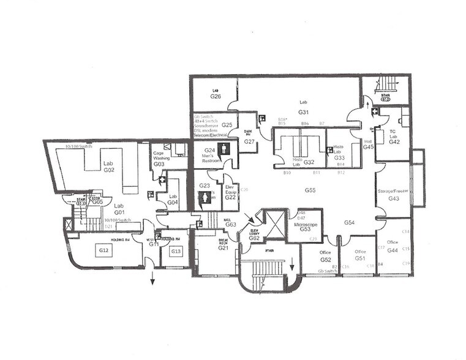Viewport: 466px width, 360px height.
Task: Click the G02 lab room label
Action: pyautogui.click(x=109, y=167)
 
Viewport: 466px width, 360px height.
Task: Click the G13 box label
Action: pyautogui.click(x=176, y=251)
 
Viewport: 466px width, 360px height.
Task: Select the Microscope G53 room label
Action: pyautogui.click(x=305, y=226)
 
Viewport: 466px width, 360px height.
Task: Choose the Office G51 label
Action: pyautogui.click(x=361, y=255)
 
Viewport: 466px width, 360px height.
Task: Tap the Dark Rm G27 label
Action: pyautogui.click(x=249, y=138)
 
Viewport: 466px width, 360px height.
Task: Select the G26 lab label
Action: pyautogui.click(x=216, y=93)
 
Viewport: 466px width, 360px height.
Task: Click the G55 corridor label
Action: pyautogui.click(x=310, y=191)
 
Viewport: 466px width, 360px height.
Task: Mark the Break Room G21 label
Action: pyautogui.click(x=224, y=245)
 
